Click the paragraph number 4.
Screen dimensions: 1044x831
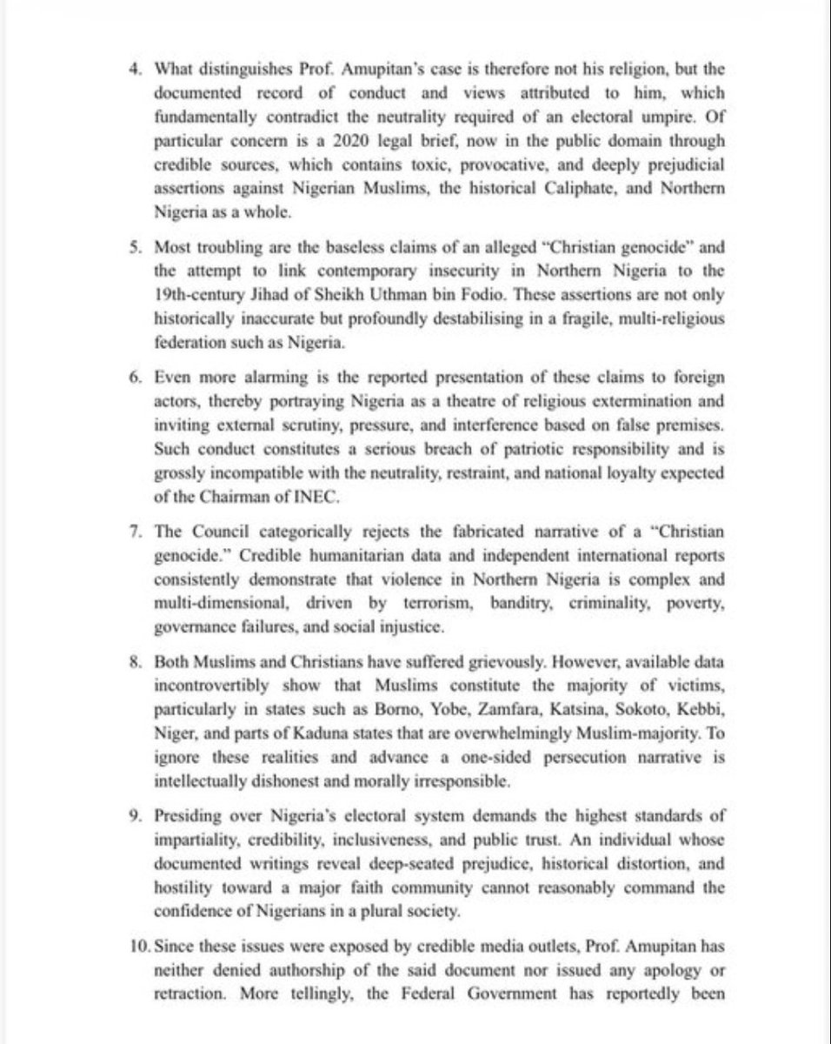tap(123, 70)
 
